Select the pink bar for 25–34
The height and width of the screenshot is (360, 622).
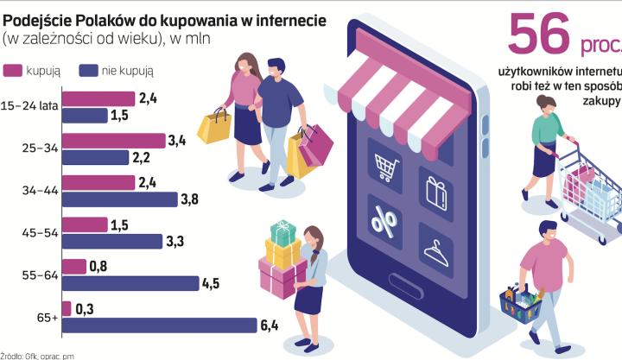coord(113,140)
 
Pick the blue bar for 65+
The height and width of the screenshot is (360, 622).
coord(159,325)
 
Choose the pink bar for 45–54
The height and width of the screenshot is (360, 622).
coord(84,224)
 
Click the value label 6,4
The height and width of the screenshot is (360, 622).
coord(270,325)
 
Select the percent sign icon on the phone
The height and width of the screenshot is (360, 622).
coord(384,220)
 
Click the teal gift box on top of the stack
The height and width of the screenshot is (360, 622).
coord(282,231)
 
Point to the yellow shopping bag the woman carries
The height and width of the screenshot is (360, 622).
coord(213,127)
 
